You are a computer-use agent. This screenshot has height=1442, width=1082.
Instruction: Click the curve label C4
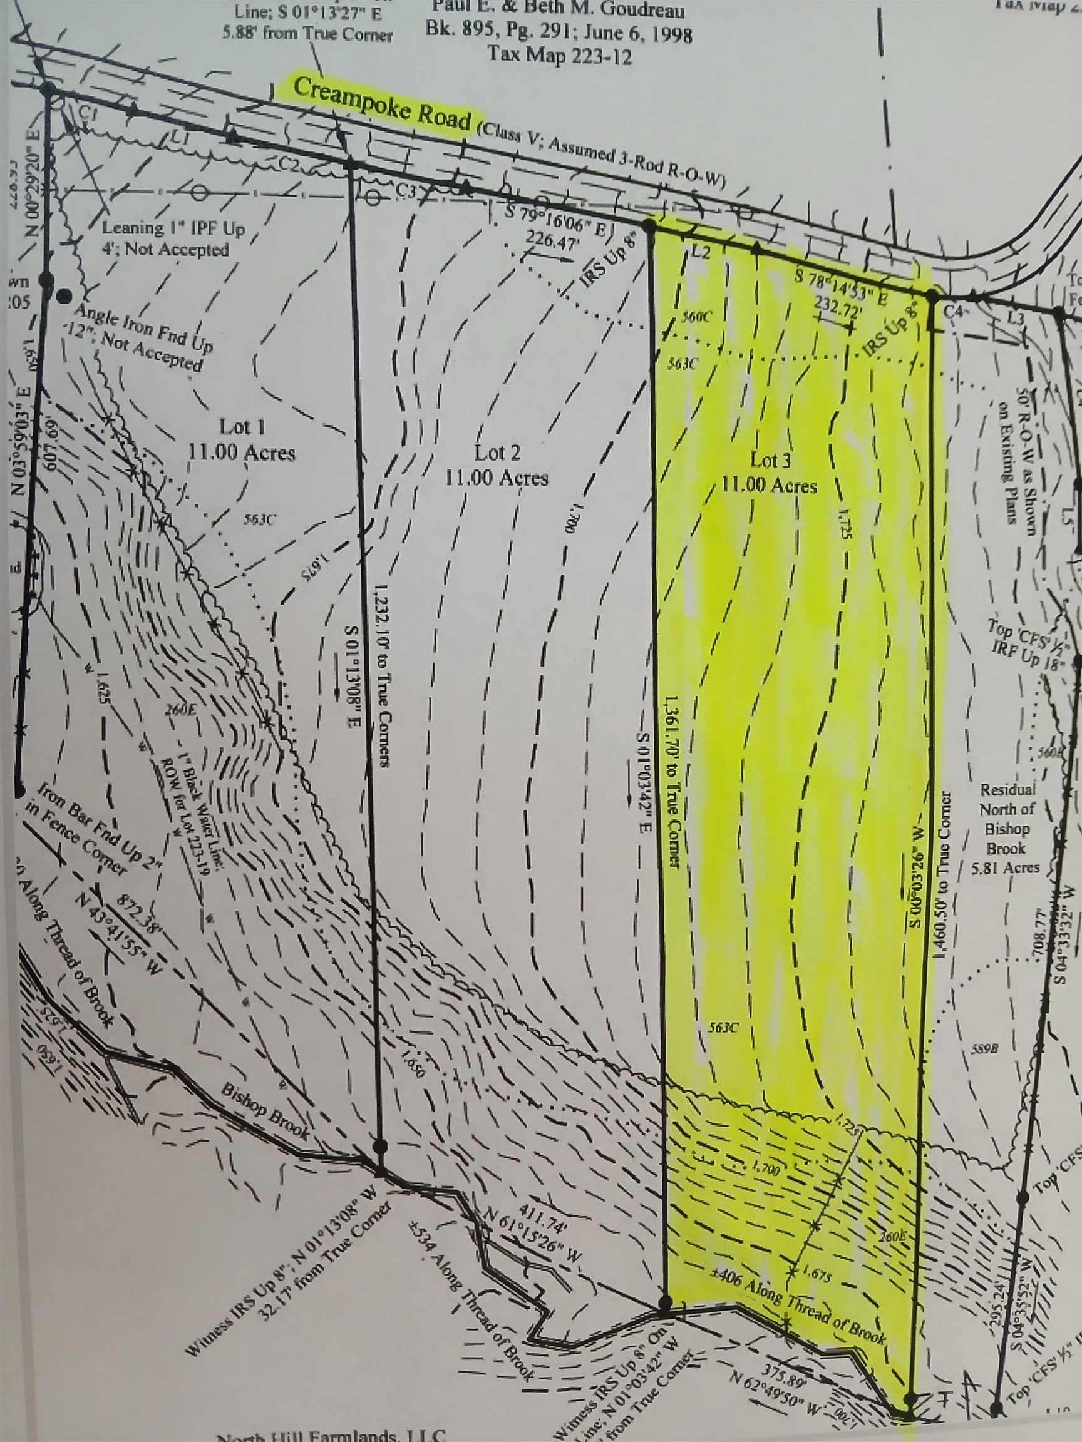pyautogui.click(x=954, y=312)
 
